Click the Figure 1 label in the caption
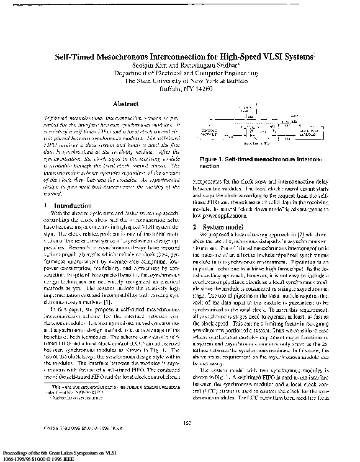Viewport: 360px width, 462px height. click(x=212, y=160)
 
